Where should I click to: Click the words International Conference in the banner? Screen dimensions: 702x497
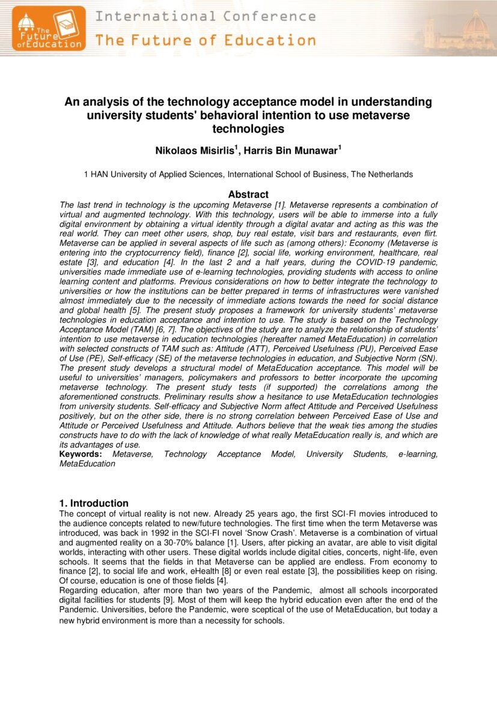206,16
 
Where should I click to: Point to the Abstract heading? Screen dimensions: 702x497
248,195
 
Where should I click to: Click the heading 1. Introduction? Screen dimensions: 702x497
94,503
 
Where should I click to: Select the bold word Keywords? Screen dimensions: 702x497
79,455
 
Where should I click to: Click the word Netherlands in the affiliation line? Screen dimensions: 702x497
390,175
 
